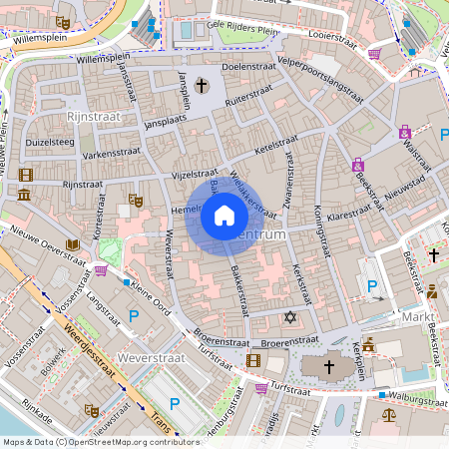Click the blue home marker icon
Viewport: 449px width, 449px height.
coord(224,215)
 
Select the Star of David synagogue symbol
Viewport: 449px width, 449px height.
coord(291,317)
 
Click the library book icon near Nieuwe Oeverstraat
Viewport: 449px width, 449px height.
coord(72,244)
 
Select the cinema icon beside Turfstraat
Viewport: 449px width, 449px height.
coord(253,360)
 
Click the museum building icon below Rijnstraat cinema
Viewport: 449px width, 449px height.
coord(24,193)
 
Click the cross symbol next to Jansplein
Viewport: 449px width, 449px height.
coord(203,87)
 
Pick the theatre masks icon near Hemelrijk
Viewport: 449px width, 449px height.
coord(137,201)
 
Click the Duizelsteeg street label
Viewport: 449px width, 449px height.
coord(50,142)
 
